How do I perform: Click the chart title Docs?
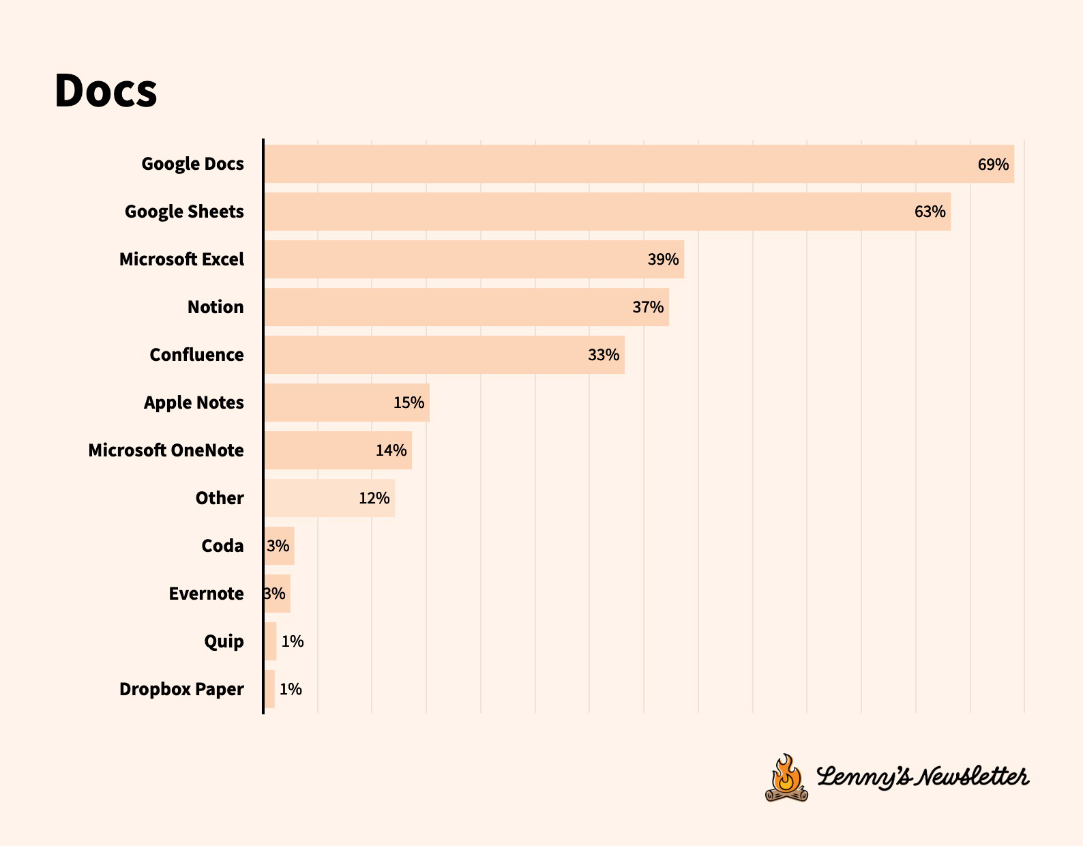tap(106, 91)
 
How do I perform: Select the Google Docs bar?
tap(614, 164)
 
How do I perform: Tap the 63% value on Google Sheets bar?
tap(930, 211)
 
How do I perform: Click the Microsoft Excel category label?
tap(181, 259)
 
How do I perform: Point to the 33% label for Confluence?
tap(604, 355)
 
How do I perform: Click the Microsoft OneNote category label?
tap(166, 450)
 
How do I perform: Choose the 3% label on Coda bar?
tap(278, 546)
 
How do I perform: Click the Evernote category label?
tap(206, 594)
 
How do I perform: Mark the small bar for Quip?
tap(271, 641)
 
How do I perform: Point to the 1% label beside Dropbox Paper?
tap(291, 689)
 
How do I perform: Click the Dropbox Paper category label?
tap(181, 689)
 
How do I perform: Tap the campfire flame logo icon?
tap(786, 778)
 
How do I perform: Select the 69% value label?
tap(993, 164)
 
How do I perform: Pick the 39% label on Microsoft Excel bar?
tap(663, 259)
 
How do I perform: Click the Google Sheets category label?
tap(184, 211)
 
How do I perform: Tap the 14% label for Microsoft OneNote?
tap(391, 450)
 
